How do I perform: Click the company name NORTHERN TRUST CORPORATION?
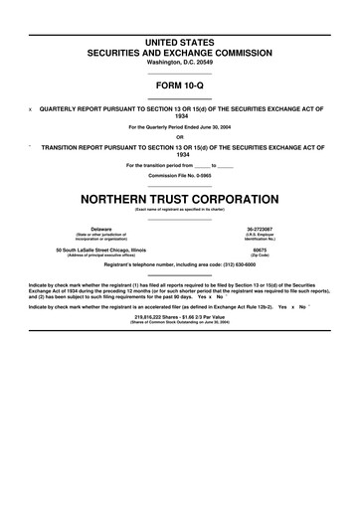click(x=180, y=197)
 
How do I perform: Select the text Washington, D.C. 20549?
click(x=180, y=62)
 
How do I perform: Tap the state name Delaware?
click(x=101, y=228)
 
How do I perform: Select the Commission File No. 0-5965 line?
click(x=180, y=175)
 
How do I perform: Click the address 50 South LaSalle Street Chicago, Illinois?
click(x=101, y=250)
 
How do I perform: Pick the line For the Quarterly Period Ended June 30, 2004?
click(x=180, y=127)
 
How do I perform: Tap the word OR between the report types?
click(x=180, y=136)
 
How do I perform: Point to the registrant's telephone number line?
click(x=180, y=265)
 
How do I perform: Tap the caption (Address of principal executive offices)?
click(x=101, y=255)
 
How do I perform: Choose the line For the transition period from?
click(x=180, y=165)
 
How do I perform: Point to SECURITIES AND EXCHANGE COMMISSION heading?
click(x=180, y=49)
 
